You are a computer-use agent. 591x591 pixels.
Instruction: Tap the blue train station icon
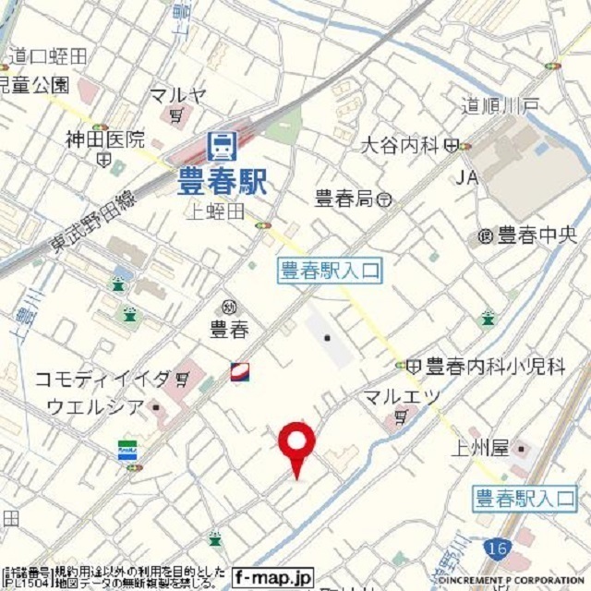point(222,146)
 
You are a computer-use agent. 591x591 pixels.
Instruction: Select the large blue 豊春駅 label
point(222,180)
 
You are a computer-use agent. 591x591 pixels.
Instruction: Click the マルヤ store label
point(178,95)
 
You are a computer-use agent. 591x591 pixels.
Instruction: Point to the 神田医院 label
point(105,139)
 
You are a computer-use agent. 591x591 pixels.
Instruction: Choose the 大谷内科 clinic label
point(398,144)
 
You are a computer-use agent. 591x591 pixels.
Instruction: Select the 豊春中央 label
point(530,235)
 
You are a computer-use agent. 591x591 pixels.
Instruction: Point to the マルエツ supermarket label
point(401,398)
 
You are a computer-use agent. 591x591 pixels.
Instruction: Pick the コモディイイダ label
point(103,379)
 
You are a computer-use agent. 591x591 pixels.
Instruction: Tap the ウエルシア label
point(95,406)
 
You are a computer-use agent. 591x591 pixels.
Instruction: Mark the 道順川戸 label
point(501,106)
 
